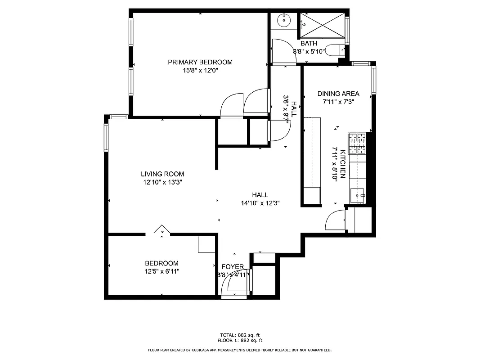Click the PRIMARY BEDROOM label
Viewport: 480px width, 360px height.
tap(200, 62)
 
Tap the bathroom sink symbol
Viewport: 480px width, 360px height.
tap(284, 20)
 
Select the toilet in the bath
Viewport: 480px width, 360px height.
tap(333, 50)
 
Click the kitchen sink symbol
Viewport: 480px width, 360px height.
tap(359, 195)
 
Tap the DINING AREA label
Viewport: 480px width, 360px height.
tap(338, 94)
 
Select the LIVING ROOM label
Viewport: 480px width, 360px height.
tap(162, 174)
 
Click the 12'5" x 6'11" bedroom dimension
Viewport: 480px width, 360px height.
tap(161, 271)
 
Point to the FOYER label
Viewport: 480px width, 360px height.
tap(233, 267)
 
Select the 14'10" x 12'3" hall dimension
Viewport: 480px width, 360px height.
tap(260, 203)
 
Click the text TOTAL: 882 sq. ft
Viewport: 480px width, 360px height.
tap(240, 335)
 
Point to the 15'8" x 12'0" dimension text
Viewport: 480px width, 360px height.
tap(200, 70)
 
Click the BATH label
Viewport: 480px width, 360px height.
tap(309, 43)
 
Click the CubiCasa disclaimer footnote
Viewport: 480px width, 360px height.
tap(240, 350)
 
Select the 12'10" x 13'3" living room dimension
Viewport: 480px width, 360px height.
tap(162, 182)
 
